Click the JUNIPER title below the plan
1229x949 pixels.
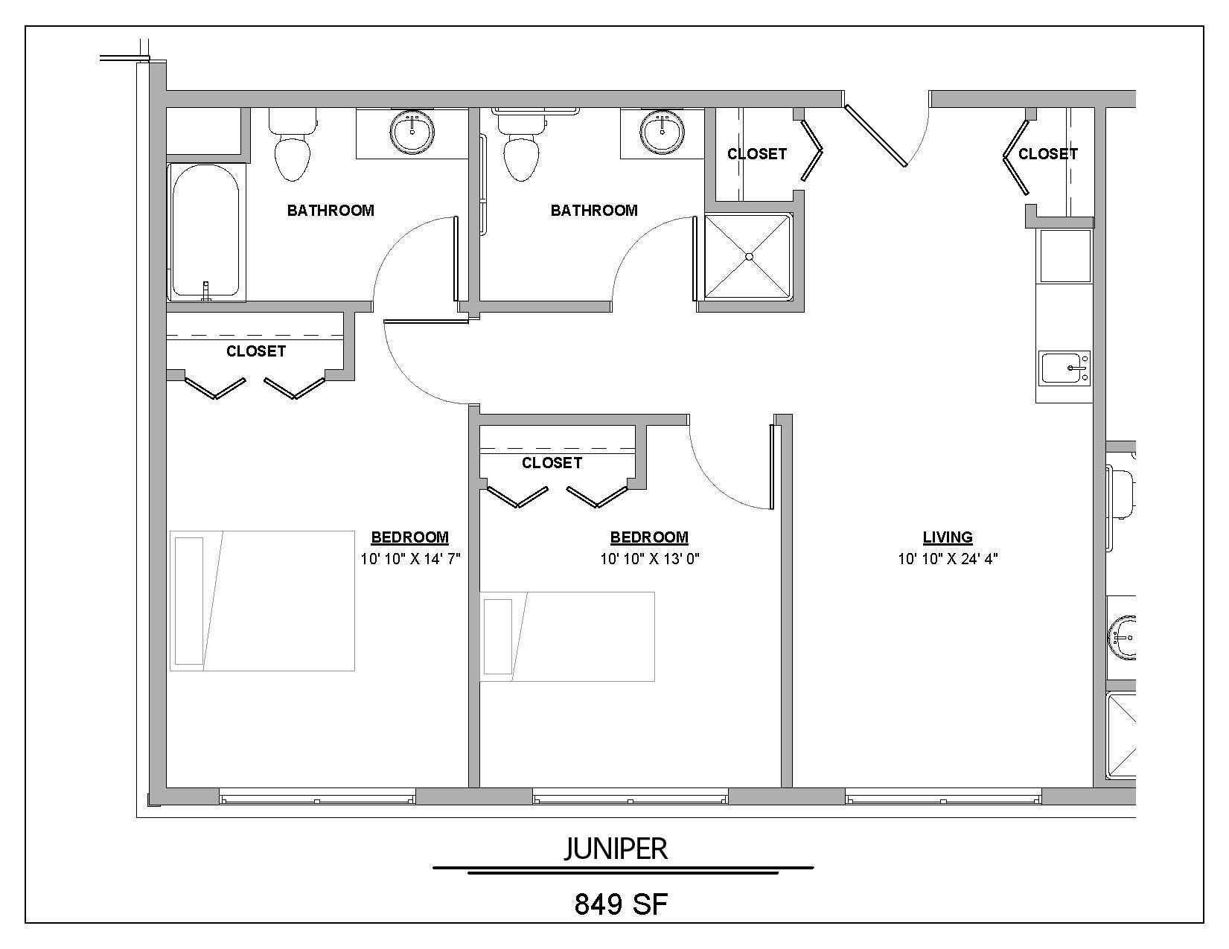coord(616,849)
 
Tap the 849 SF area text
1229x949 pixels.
coord(620,904)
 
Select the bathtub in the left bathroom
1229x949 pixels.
coord(206,231)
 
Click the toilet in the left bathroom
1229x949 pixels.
coord(292,148)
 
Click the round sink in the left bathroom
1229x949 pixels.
coord(412,132)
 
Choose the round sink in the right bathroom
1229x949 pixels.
coord(662,132)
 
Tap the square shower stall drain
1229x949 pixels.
coord(750,256)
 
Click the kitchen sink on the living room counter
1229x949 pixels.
coord(1065,368)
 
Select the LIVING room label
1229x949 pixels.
coord(948,537)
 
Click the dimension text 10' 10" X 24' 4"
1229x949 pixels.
coord(948,559)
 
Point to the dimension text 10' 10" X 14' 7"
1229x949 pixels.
coord(410,559)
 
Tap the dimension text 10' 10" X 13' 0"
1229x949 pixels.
coord(650,559)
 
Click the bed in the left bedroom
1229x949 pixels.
coord(262,600)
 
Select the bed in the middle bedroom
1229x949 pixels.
coord(567,636)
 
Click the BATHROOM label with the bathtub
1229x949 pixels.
coord(331,211)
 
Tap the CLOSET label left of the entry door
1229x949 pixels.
coord(756,154)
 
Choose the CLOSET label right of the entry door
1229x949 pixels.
coord(1047,154)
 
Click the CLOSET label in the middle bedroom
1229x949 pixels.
coord(552,463)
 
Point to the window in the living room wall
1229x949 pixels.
coord(943,797)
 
